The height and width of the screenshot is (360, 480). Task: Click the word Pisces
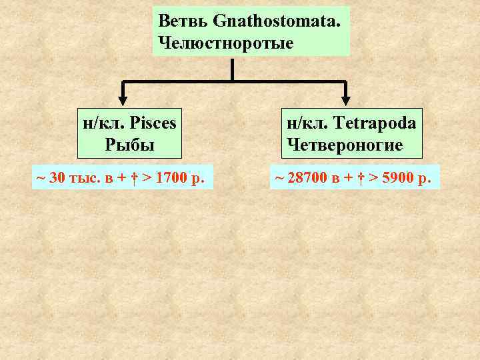[154, 123]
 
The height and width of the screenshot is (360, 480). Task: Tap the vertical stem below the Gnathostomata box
[232, 69]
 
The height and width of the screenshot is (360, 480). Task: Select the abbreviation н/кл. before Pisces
[104, 123]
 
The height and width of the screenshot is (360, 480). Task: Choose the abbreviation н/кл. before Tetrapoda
[307, 123]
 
